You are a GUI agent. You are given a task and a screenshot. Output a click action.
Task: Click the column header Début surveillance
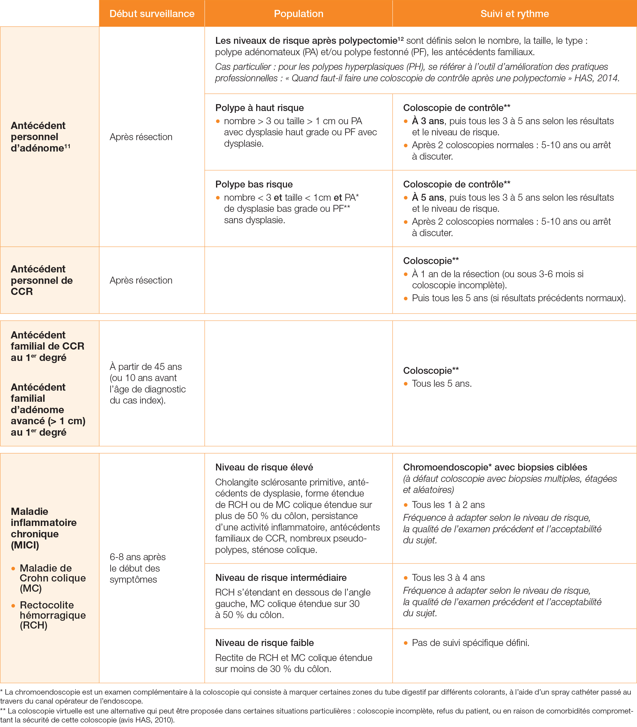click(152, 14)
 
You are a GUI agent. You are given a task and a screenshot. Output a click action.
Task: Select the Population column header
click(298, 14)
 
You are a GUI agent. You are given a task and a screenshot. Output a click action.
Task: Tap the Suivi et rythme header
click(514, 14)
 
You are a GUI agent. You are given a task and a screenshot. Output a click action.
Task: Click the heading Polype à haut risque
click(259, 108)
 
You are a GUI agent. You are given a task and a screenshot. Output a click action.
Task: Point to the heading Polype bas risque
click(254, 184)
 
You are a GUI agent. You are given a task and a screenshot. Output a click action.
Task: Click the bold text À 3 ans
click(428, 121)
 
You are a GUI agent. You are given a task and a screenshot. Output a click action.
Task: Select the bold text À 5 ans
click(428, 197)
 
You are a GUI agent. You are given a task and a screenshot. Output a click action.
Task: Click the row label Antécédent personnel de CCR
click(42, 280)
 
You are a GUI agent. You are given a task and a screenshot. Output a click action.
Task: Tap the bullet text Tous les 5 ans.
click(442, 384)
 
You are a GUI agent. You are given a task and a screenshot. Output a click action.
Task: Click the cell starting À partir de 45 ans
click(147, 383)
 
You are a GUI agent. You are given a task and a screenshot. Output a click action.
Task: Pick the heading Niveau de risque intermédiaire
click(281, 578)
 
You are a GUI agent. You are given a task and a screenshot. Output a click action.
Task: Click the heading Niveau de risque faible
click(264, 643)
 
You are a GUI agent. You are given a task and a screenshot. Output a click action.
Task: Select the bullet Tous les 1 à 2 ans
click(448, 505)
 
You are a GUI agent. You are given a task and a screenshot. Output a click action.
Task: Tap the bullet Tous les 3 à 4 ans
click(448, 578)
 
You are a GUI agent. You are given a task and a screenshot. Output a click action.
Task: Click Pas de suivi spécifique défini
click(470, 643)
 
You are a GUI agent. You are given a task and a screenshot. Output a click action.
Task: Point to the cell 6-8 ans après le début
click(138, 568)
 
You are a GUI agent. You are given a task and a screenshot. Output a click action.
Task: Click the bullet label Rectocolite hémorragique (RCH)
click(52, 615)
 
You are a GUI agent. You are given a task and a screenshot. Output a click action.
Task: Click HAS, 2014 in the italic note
click(597, 78)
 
